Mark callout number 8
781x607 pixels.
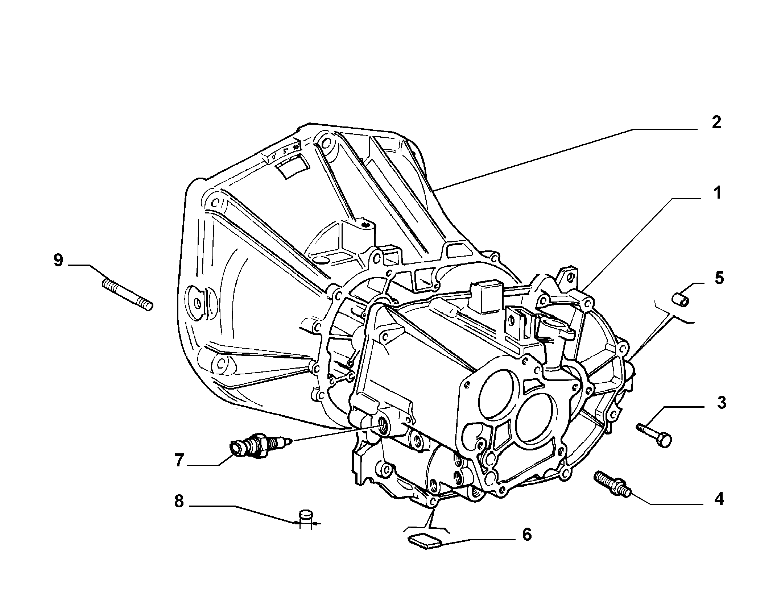tap(179, 502)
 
